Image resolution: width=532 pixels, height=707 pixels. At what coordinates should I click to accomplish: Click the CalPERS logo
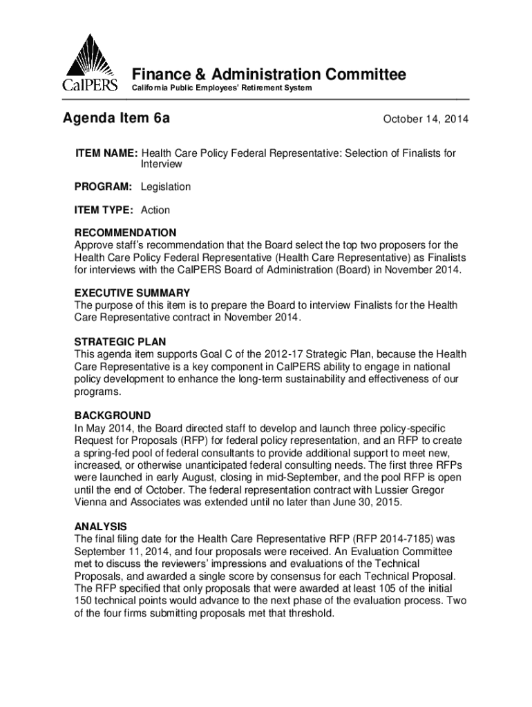pyautogui.click(x=92, y=64)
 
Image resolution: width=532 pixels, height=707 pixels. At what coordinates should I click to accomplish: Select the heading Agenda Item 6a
pyautogui.click(x=117, y=119)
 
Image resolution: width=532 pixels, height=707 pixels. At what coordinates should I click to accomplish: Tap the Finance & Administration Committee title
pyautogui.click(x=269, y=75)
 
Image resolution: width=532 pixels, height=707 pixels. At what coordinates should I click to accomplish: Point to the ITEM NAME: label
pyautogui.click(x=106, y=153)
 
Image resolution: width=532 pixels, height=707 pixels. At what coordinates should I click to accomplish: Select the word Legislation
pyautogui.click(x=166, y=187)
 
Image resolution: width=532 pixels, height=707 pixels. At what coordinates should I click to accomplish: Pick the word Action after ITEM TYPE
pyautogui.click(x=155, y=210)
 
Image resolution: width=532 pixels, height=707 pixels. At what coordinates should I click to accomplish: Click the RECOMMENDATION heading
pyautogui.click(x=125, y=233)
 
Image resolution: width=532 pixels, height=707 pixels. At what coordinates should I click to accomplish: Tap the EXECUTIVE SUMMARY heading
pyautogui.click(x=132, y=293)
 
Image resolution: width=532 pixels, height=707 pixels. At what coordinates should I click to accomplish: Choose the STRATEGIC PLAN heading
pyautogui.click(x=120, y=342)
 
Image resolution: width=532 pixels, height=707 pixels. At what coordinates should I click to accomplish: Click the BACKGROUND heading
pyautogui.click(x=113, y=416)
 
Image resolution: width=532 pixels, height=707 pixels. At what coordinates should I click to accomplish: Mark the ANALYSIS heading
pyautogui.click(x=100, y=526)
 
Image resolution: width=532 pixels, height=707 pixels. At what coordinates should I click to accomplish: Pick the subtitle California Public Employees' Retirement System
pyautogui.click(x=222, y=89)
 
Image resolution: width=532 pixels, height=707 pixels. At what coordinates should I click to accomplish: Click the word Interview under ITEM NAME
pyautogui.click(x=162, y=164)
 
